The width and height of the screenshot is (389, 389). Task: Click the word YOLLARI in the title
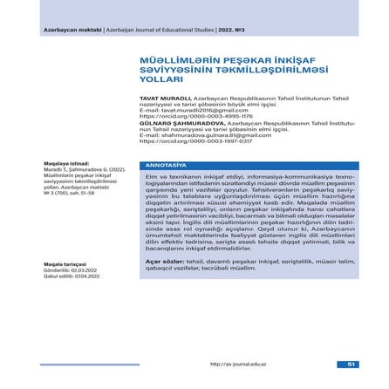157,78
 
